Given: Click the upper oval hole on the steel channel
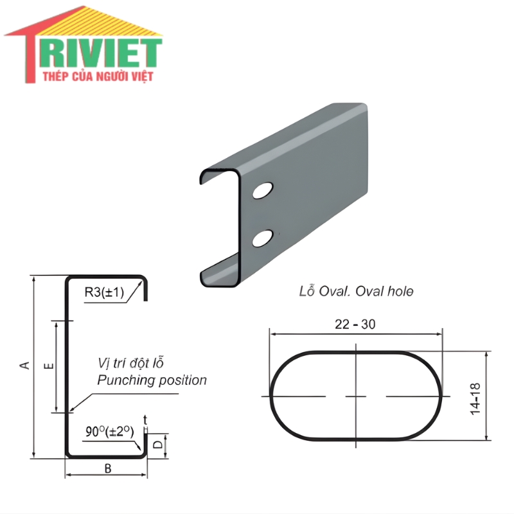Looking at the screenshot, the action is (263, 190).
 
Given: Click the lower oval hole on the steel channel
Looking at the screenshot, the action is (263, 238).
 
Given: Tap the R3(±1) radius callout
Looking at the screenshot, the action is (104, 292).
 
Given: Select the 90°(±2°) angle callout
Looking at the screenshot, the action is (109, 431).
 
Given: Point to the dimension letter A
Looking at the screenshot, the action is (25, 365).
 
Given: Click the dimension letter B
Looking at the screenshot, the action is (108, 469).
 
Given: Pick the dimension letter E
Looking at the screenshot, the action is (49, 366).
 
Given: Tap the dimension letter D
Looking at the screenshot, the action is (158, 444).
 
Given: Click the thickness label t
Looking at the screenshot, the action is (145, 420).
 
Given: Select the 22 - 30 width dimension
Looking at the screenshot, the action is (355, 324).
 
